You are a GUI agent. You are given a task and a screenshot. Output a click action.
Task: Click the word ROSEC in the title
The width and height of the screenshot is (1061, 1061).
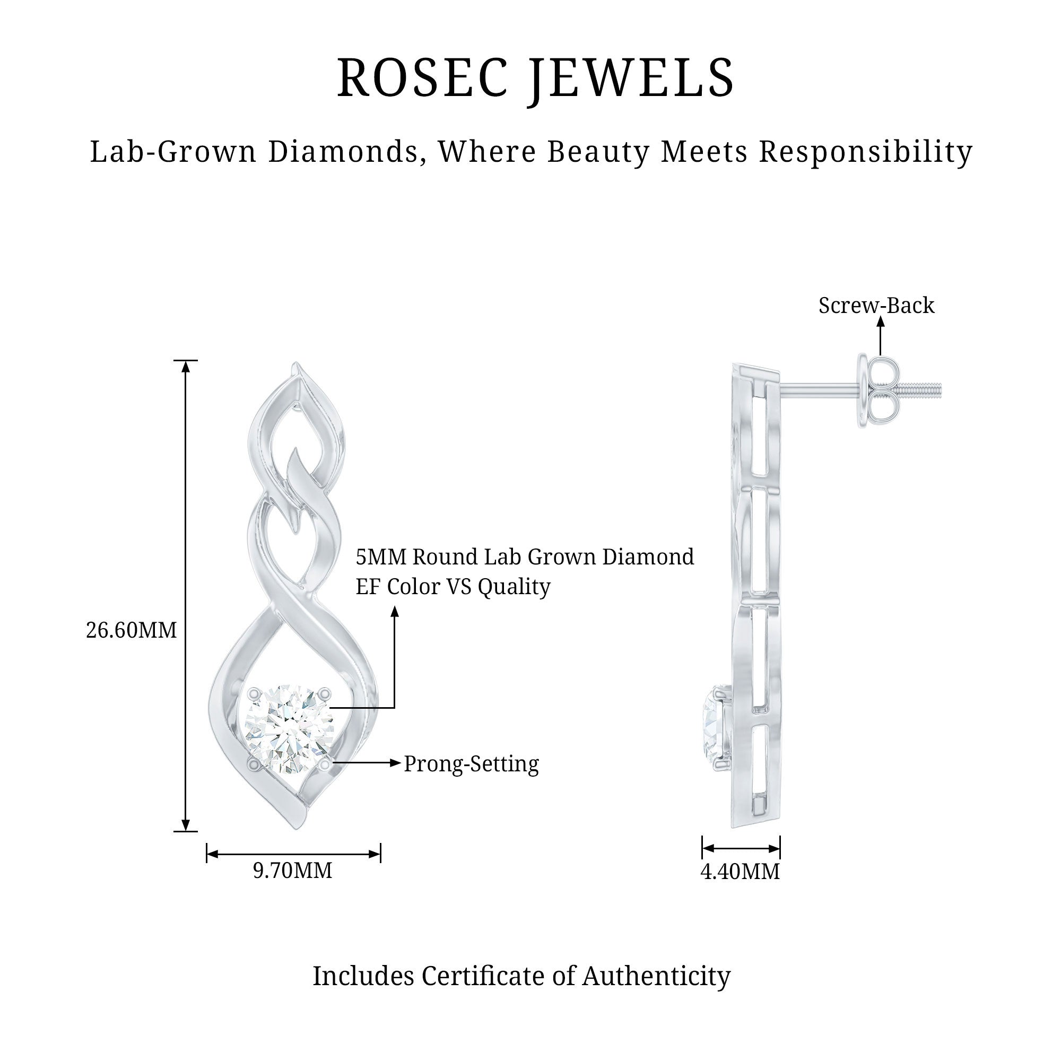(422, 77)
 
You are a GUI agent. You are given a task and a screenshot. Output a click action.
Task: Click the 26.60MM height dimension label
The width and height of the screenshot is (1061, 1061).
(131, 630)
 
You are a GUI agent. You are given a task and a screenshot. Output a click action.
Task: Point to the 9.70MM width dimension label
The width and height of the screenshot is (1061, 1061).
(293, 871)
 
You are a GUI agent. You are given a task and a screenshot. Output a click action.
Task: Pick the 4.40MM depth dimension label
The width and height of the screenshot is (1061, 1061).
(740, 872)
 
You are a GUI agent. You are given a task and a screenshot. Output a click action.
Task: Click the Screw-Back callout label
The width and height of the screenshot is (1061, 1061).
(876, 306)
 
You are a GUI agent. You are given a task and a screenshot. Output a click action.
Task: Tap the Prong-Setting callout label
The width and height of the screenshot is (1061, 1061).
(471, 764)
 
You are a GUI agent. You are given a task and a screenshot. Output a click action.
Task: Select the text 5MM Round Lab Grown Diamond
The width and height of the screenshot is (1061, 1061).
(525, 557)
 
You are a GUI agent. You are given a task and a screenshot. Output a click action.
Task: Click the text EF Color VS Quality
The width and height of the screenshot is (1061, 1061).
(453, 587)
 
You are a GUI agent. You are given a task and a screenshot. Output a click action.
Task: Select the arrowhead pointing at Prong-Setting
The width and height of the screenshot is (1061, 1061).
(395, 763)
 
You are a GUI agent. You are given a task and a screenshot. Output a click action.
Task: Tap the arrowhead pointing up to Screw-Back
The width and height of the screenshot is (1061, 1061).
(880, 322)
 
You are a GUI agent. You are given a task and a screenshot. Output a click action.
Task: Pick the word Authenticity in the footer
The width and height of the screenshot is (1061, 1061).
(656, 977)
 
